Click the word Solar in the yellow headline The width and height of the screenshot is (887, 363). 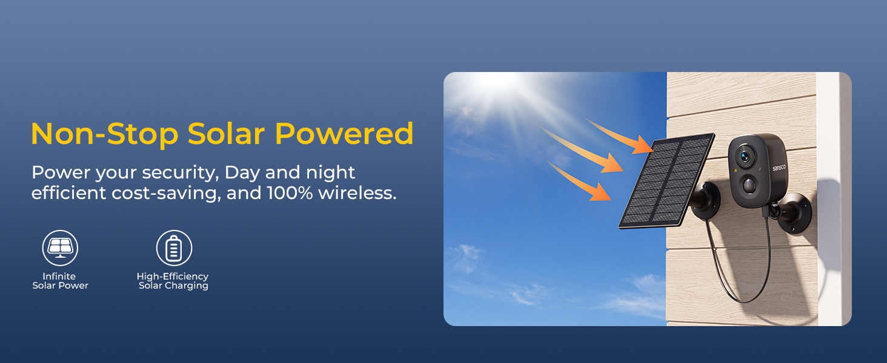[x=226, y=134]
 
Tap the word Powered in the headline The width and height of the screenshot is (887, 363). [x=344, y=134]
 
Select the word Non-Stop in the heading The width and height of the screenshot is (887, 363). [x=105, y=134]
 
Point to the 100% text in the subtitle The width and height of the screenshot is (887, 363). [x=290, y=193]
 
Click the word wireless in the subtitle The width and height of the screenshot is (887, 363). [x=357, y=193]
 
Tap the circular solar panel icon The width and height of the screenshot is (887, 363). [x=60, y=248]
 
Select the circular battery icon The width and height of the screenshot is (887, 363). [x=174, y=248]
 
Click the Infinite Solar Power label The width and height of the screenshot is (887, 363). [x=60, y=281]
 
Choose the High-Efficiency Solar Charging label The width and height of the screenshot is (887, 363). [x=173, y=281]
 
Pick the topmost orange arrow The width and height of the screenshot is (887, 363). [x=620, y=136]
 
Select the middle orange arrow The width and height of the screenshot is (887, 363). [x=582, y=150]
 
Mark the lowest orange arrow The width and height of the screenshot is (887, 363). [x=579, y=180]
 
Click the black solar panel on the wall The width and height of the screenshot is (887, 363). [x=667, y=181]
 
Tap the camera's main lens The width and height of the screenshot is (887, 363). [x=745, y=156]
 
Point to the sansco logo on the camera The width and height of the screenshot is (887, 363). [x=779, y=167]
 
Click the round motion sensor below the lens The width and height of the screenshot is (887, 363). [x=749, y=185]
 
